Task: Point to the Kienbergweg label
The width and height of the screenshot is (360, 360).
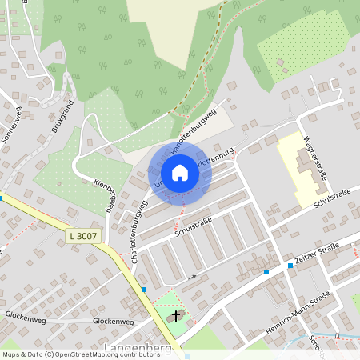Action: [106, 192]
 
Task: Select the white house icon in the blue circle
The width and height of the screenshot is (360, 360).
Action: [180, 173]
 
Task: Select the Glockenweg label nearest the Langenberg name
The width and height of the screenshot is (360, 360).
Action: [113, 321]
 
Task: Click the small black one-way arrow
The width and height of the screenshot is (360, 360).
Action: [191, 277]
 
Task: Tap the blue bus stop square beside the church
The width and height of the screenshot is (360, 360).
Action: [145, 290]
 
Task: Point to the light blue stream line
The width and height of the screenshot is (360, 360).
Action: [336, 334]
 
